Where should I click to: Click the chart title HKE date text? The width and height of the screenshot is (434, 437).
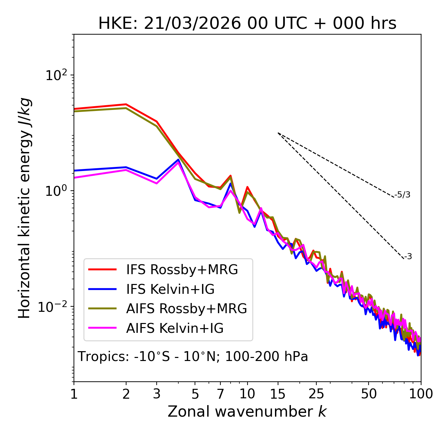pyautogui.click(x=247, y=23)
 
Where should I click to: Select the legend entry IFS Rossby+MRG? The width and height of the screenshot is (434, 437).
pyautogui.click(x=182, y=270)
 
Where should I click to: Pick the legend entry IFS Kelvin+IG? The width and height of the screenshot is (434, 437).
pyautogui.click(x=170, y=289)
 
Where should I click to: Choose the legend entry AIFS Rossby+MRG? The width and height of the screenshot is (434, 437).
pyautogui.click(x=186, y=309)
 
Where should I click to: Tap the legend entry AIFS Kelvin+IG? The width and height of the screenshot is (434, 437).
pyautogui.click(x=175, y=328)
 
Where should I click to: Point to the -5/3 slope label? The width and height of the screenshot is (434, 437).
pyautogui.click(x=402, y=195)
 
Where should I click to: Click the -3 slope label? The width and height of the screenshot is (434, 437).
pyautogui.click(x=408, y=256)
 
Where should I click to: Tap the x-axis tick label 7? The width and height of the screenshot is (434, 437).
pyautogui.click(x=220, y=394)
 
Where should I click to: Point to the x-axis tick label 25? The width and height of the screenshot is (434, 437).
pyautogui.click(x=316, y=394)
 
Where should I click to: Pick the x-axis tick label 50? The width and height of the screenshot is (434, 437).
pyautogui.click(x=369, y=394)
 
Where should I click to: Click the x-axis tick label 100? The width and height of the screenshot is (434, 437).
pyautogui.click(x=421, y=394)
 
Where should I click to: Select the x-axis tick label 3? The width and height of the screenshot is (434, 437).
pyautogui.click(x=157, y=394)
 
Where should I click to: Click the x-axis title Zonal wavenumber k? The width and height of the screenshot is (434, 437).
pyautogui.click(x=247, y=412)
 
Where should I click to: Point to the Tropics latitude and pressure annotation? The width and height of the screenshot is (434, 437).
pyautogui.click(x=193, y=357)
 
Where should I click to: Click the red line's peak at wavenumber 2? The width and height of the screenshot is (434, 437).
pyautogui.click(x=126, y=104)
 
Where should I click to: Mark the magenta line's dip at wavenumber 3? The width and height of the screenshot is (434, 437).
pyautogui.click(x=157, y=184)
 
